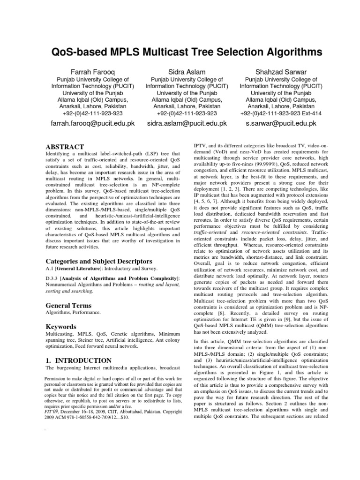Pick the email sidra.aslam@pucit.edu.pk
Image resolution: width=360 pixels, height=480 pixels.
tap(187, 124)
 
